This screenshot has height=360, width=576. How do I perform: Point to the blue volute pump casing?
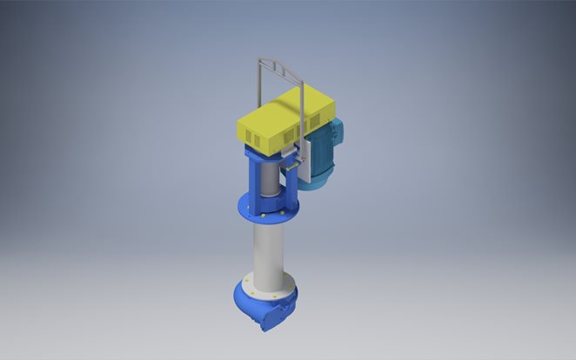coord(261,304)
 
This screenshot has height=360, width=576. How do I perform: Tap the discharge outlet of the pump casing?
coord(268,323)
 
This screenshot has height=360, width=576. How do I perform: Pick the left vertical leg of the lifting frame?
coord(258,87)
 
